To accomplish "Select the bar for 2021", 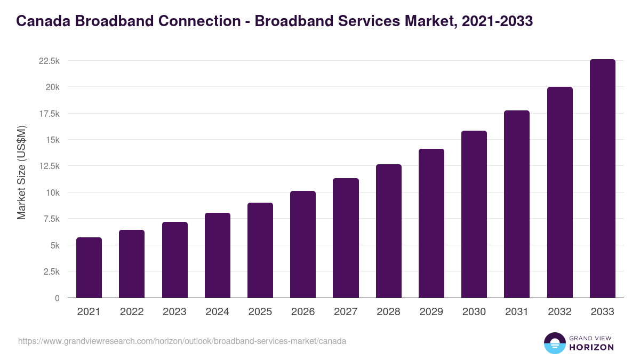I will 89,268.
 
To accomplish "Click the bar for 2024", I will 218,255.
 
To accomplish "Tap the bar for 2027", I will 346,238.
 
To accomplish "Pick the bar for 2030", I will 474,214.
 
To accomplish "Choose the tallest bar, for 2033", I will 603,179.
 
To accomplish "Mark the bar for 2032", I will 559,193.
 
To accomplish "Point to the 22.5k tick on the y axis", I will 49,61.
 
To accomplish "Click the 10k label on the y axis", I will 52,193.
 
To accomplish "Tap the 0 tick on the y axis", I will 57,298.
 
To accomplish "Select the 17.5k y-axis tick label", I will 49,114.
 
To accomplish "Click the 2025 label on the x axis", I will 260,312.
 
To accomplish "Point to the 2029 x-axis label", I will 431,312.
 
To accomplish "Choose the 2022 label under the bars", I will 132,312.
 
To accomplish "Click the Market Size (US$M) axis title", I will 21,172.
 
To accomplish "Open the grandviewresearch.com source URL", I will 182,341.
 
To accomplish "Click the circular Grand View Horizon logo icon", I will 555,343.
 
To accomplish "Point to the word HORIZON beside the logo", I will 591,347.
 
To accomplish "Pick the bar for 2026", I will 303,244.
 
